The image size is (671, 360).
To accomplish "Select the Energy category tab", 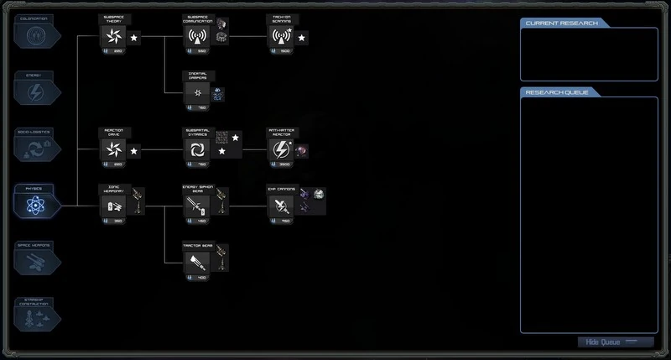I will (x=37, y=91).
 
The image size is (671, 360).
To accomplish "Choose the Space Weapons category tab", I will (x=37, y=259).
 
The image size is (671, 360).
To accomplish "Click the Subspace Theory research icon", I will (x=112, y=36).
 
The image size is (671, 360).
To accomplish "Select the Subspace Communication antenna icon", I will (x=196, y=36).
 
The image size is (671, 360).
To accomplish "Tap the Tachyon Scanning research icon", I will (x=280, y=36).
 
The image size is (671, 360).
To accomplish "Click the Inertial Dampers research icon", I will (x=196, y=92).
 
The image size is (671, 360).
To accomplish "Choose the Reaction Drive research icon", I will (x=112, y=149).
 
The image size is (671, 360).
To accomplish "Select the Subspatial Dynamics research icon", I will (x=196, y=149).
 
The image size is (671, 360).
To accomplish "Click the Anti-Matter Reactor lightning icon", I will (x=280, y=149).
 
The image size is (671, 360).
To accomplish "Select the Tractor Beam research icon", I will (x=196, y=262).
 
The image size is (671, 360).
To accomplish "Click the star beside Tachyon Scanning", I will (x=302, y=37).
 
